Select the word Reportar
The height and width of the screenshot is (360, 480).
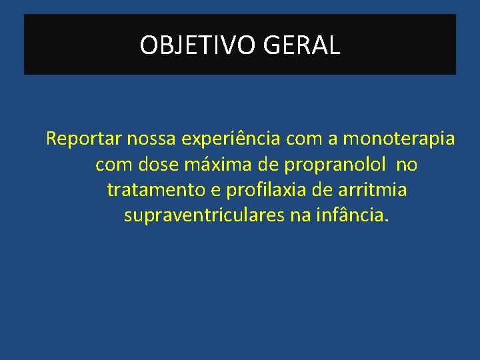75,139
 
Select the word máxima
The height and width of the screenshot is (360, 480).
209,165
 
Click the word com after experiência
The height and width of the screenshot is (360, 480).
302,139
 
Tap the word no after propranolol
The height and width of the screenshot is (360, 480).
406,165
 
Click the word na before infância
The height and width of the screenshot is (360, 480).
308,216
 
